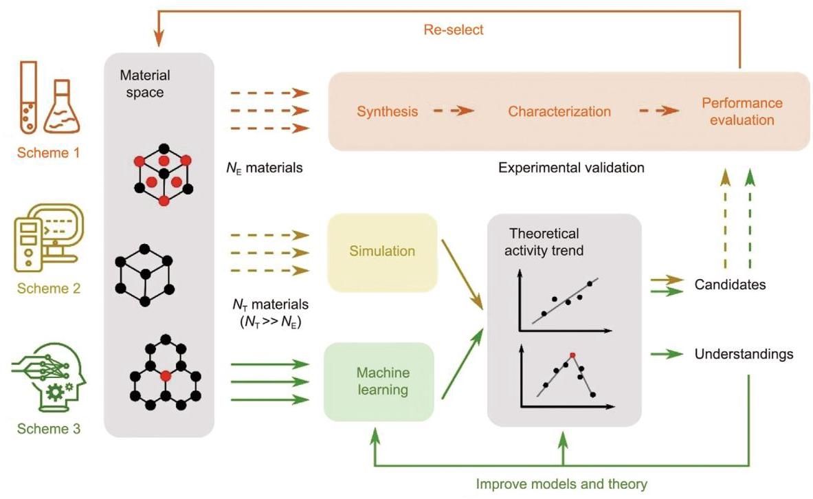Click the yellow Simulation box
click(x=383, y=252)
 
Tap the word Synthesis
click(x=387, y=111)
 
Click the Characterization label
click(x=559, y=111)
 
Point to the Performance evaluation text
click(x=742, y=111)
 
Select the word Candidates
click(x=730, y=284)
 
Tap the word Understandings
click(x=744, y=355)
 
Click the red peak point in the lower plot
click(x=572, y=355)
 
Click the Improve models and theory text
click(x=561, y=484)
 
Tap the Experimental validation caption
click(x=571, y=167)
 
